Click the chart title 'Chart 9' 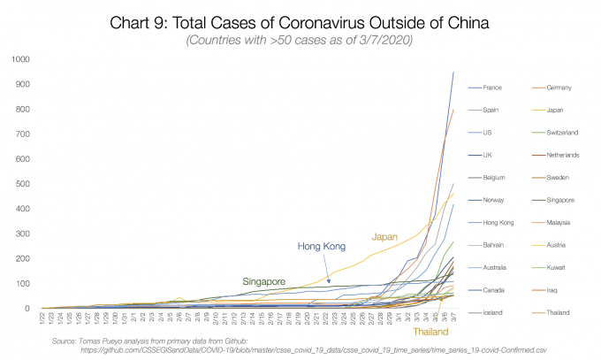click(300, 22)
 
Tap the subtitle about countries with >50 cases click(300, 42)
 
